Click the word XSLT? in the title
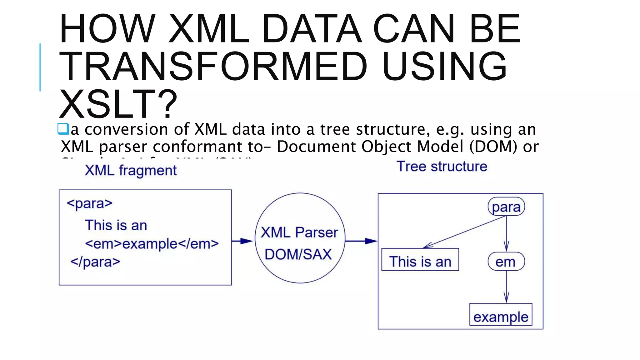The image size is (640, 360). tap(118, 104)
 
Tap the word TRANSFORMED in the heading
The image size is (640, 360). tap(212, 67)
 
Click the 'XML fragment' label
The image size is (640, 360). tap(131, 171)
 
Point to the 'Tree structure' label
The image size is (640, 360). tap(442, 167)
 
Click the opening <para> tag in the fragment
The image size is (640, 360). tap(89, 204)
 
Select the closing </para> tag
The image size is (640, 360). tap(95, 262)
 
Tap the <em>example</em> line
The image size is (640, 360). tap(152, 244)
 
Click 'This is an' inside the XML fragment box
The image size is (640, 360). tap(116, 225)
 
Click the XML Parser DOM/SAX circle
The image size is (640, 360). tap(300, 238)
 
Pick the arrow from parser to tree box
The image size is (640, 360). tap(361, 241)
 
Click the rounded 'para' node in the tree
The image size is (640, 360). tap(506, 207)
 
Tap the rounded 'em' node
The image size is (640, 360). tap(506, 262)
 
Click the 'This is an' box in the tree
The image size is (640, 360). tap(420, 260)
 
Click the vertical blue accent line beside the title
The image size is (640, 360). tap(40, 67)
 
